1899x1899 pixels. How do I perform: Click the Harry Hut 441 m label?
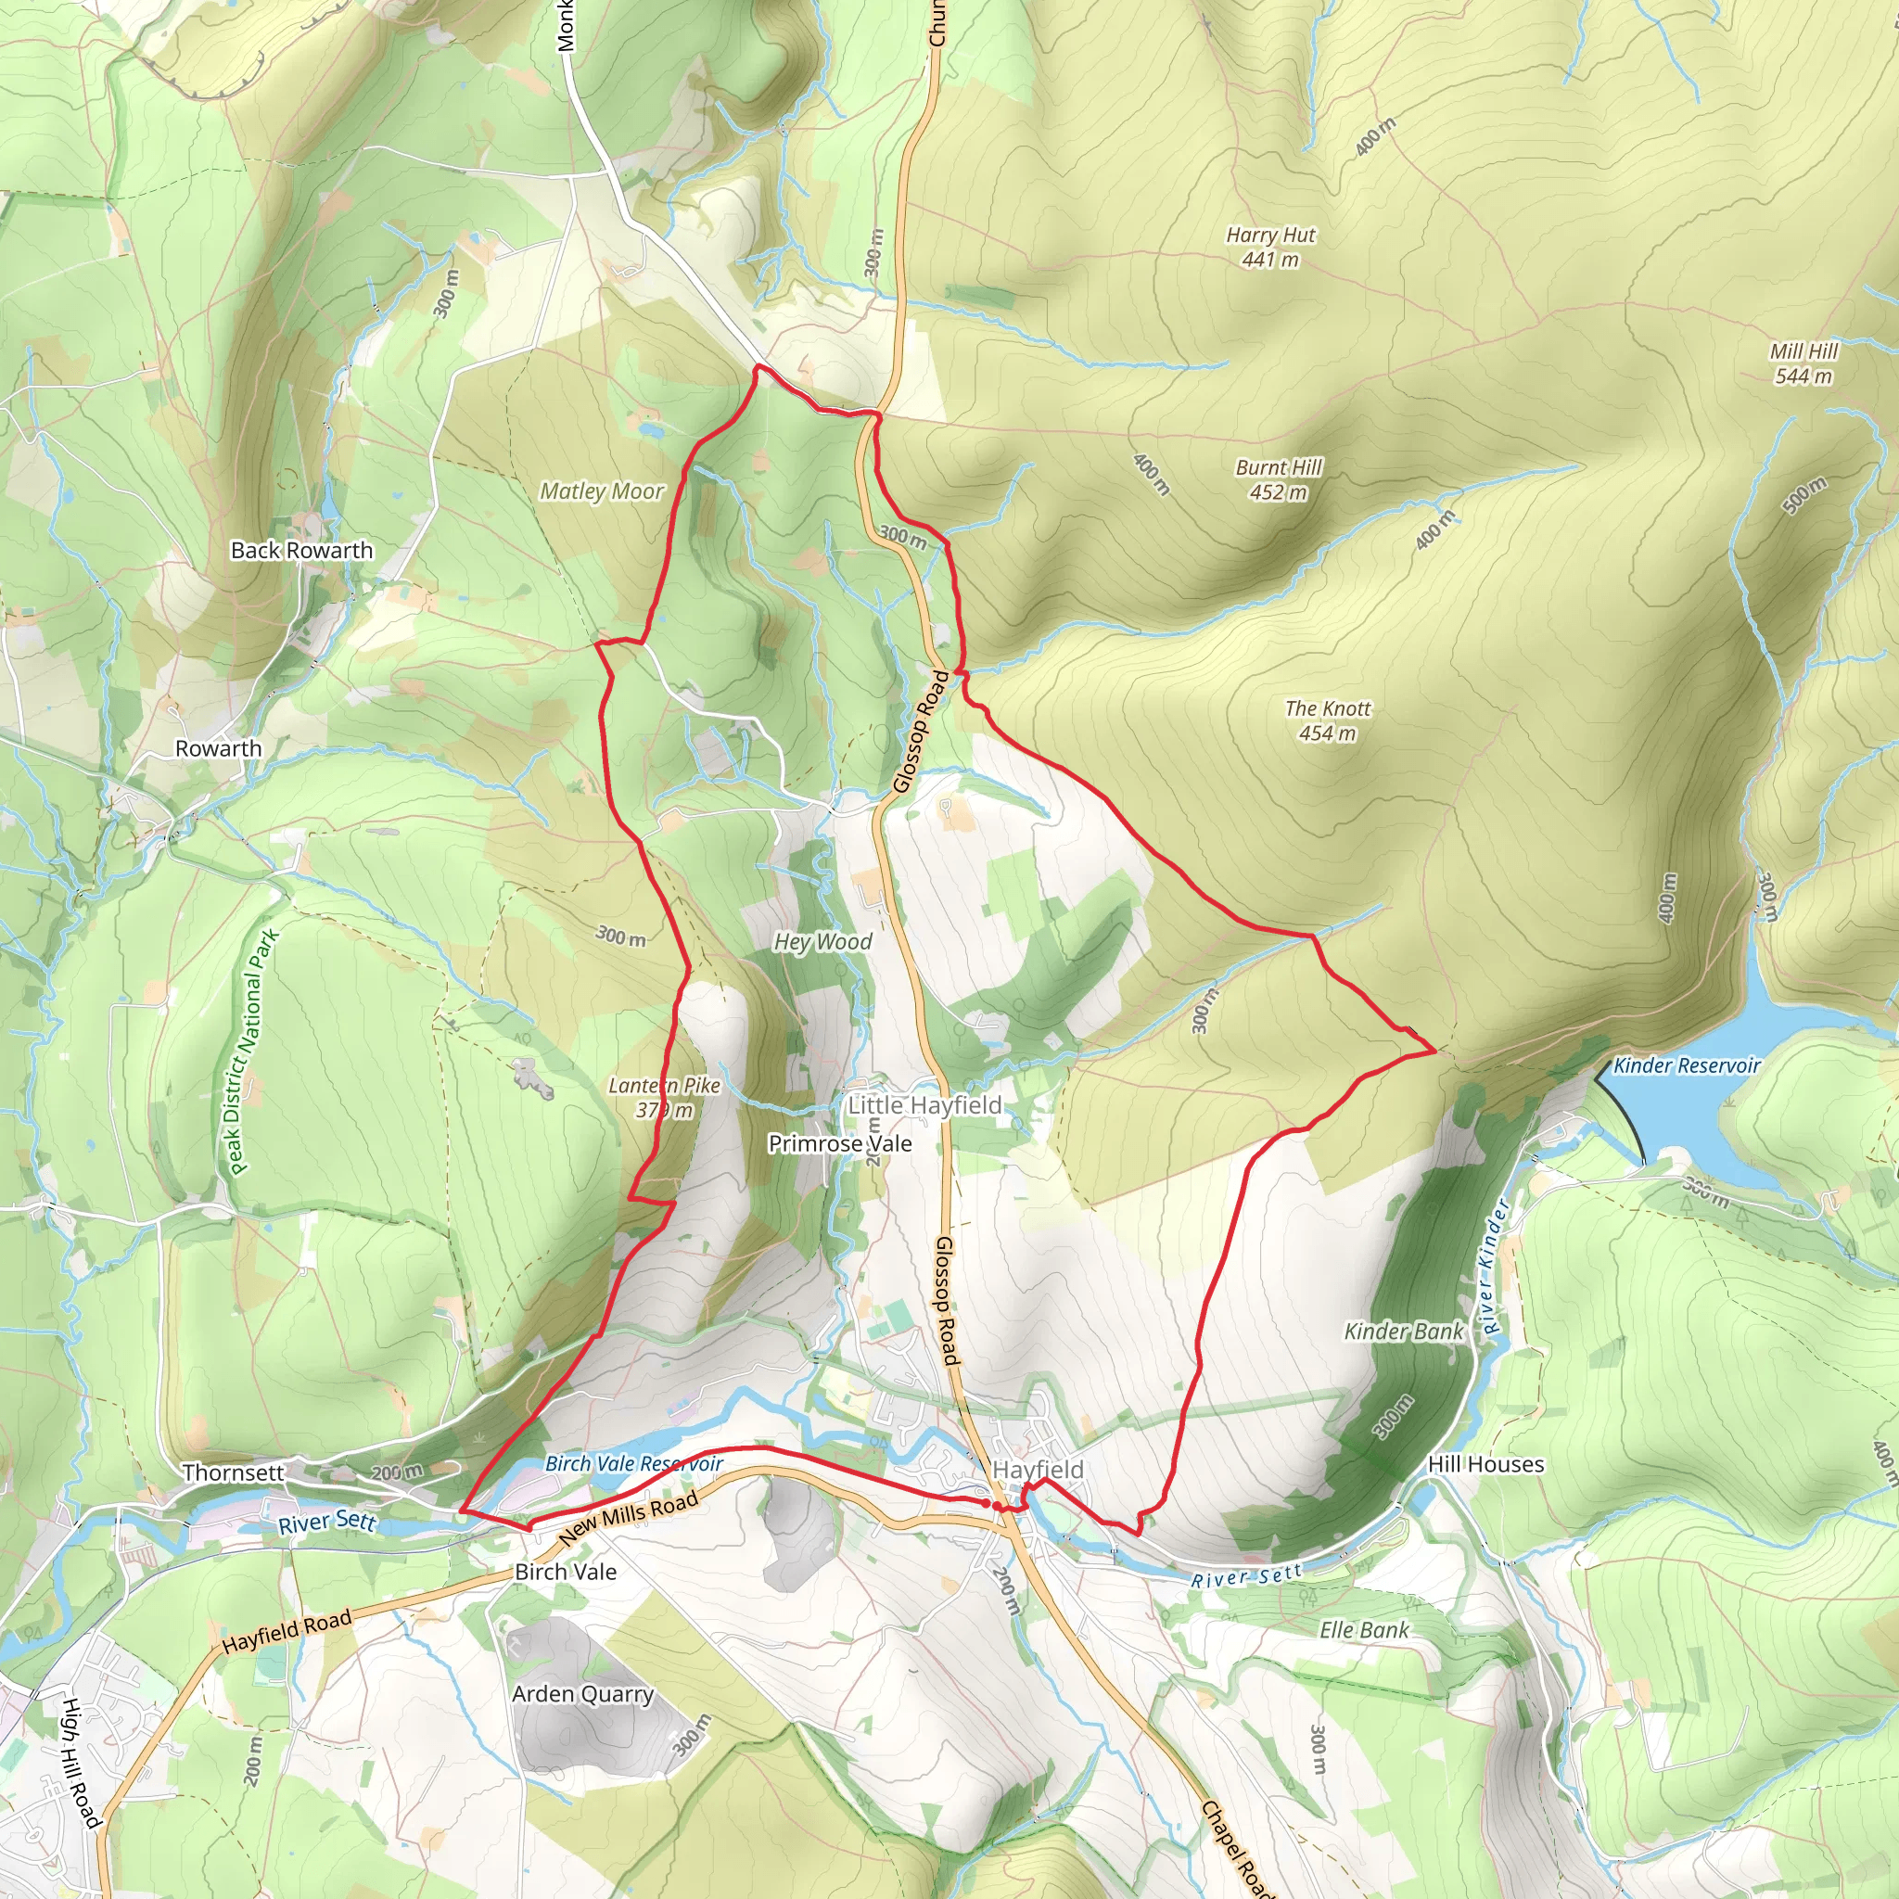1270,247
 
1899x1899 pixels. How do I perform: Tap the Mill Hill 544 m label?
1803,363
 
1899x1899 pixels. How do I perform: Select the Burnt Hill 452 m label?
1279,479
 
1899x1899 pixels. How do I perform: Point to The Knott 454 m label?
1327,720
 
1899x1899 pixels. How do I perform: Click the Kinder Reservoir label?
1687,1065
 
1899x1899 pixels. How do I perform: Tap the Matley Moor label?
602,491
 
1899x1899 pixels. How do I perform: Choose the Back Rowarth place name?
301,551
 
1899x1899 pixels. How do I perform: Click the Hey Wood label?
822,942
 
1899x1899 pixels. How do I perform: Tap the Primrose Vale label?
839,1144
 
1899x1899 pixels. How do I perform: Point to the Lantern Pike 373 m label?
665,1098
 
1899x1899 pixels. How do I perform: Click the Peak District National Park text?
251,1051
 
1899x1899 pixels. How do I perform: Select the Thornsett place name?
233,1472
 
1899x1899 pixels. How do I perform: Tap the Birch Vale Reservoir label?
634,1464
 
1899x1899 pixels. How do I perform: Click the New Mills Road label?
629,1518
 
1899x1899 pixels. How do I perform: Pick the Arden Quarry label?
583,1693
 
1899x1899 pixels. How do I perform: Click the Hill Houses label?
1485,1464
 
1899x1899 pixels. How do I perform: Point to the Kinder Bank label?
1404,1332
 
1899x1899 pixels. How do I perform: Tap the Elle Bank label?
1363,1631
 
